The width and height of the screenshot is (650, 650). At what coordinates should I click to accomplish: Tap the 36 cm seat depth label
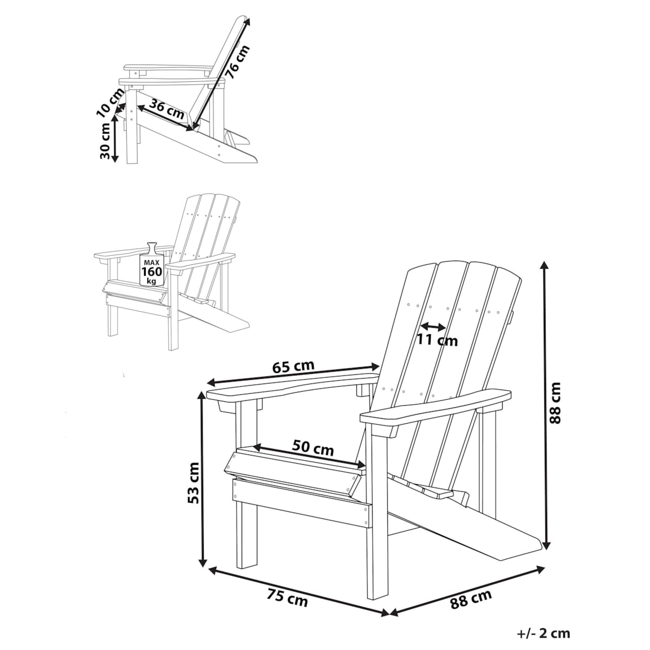click(167, 109)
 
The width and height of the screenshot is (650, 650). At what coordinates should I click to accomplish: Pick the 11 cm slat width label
click(437, 340)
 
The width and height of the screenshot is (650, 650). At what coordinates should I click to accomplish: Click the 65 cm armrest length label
click(293, 367)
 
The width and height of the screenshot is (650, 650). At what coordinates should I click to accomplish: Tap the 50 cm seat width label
click(313, 448)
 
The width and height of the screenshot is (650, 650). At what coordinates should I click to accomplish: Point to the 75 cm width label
click(288, 607)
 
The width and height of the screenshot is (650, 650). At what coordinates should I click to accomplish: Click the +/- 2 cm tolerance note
click(543, 633)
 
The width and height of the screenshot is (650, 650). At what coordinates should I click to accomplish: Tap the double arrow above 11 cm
click(433, 326)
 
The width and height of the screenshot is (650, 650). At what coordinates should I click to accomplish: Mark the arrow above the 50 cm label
click(309, 457)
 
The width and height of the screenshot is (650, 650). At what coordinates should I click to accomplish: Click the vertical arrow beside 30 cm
click(115, 139)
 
